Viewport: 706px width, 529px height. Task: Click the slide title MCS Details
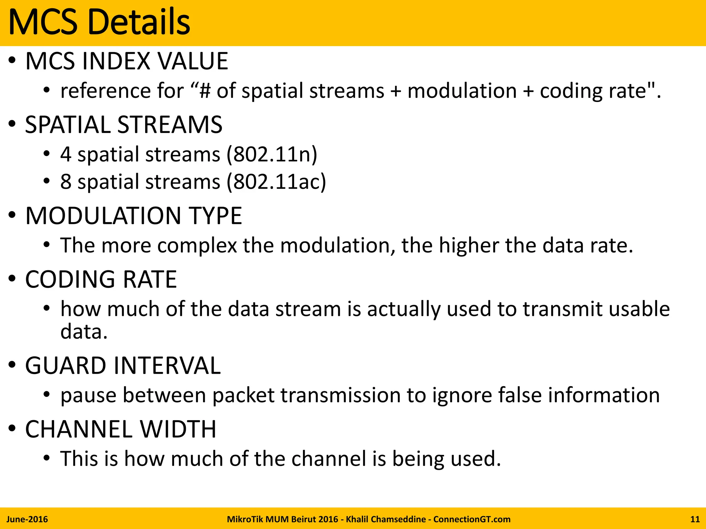click(99, 22)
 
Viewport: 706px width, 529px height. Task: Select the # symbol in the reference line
click(205, 91)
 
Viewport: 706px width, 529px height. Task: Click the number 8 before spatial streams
click(66, 182)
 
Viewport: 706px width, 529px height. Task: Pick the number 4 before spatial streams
click(66, 154)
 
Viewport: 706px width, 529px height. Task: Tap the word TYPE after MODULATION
click(214, 216)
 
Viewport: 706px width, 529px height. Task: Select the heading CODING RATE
click(101, 279)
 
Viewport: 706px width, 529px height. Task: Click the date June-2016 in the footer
click(27, 519)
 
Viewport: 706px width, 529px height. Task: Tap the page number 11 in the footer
click(695, 519)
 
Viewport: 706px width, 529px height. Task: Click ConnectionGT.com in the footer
click(472, 519)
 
